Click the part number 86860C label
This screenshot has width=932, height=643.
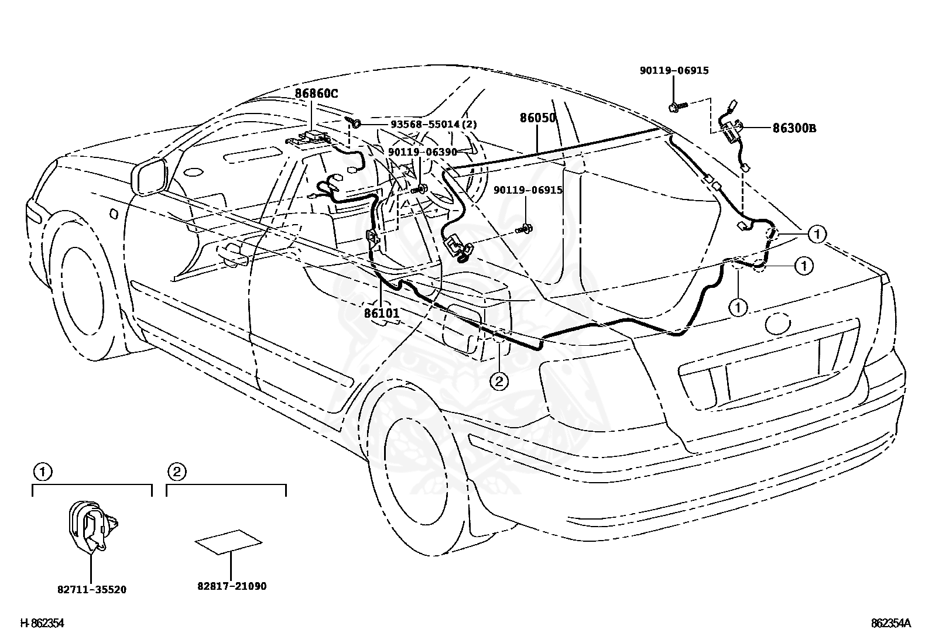click(x=316, y=94)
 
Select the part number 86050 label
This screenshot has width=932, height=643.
click(x=537, y=118)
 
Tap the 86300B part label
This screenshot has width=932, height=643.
click(x=794, y=128)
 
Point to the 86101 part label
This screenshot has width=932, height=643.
click(x=382, y=313)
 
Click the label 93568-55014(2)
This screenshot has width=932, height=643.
click(x=434, y=125)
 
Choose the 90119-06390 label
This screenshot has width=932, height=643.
click(x=422, y=152)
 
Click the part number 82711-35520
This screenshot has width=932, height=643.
click(x=91, y=589)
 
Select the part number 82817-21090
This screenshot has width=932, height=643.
click(x=232, y=586)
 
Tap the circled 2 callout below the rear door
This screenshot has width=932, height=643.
click(x=499, y=380)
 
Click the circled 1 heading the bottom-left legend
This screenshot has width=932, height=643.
click(x=42, y=472)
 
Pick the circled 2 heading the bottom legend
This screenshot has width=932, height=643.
click(x=177, y=472)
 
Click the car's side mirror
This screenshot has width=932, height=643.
click(x=148, y=177)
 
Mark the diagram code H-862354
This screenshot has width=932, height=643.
click(x=42, y=623)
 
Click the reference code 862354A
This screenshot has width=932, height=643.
click(x=891, y=623)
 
